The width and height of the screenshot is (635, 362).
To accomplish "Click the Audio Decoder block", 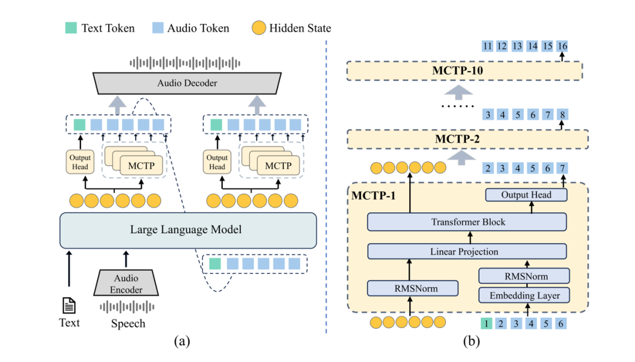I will coord(187,83).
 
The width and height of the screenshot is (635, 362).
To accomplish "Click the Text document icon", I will coord(69,306).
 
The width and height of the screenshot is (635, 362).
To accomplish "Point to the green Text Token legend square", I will coord(70,28).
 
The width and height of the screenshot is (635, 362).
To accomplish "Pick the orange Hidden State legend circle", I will coord(259,28).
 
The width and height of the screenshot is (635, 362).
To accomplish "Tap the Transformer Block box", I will coord(467,222).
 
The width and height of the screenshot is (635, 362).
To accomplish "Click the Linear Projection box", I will coord(467,252).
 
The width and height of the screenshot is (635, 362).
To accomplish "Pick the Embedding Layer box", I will coord(524,295).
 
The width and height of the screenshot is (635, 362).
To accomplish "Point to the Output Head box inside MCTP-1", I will coord(526,195).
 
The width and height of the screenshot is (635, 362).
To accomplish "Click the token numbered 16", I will coord(563,46).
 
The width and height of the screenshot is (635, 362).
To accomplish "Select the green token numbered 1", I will coord(486,323).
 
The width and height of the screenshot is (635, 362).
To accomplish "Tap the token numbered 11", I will coord(487,46).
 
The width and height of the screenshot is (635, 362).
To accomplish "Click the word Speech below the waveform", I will coord(128,323).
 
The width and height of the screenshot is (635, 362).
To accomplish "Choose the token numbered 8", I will coord(563,115).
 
